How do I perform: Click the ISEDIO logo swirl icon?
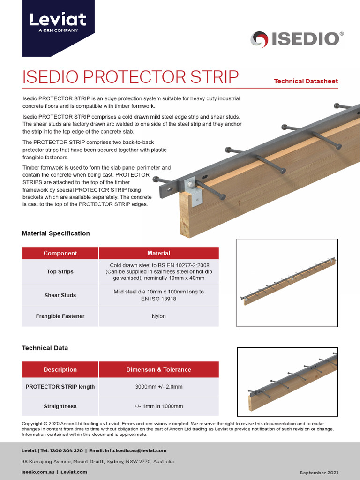click(x=259, y=39)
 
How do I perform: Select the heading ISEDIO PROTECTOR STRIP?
click(x=131, y=77)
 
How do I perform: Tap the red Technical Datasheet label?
click(x=306, y=81)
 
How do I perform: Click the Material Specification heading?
click(x=56, y=233)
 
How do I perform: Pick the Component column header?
click(x=60, y=253)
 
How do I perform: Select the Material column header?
click(x=158, y=253)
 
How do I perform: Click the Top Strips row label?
click(x=60, y=271)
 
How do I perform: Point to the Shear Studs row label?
click(x=60, y=295)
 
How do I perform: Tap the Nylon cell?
click(x=158, y=316)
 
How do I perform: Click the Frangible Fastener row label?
click(x=60, y=316)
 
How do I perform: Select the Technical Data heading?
click(x=45, y=348)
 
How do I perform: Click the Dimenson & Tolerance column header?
click(x=158, y=369)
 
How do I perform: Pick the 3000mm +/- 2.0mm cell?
click(x=158, y=387)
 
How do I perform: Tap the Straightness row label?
click(x=60, y=406)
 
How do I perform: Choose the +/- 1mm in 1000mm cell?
click(x=158, y=406)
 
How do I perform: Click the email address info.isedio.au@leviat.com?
click(x=136, y=450)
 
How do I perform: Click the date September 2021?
click(x=319, y=472)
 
